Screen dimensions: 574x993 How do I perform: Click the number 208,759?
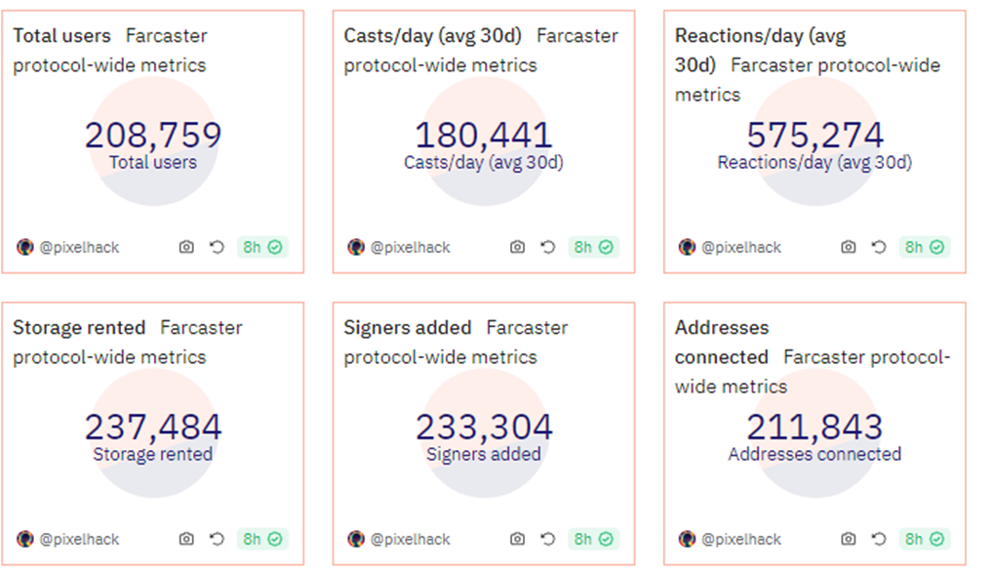pyautogui.click(x=153, y=135)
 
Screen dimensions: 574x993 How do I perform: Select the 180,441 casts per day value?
pyautogui.click(x=484, y=135)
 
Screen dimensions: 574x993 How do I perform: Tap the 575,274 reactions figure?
pyautogui.click(x=814, y=135)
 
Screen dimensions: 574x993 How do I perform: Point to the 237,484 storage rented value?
pyautogui.click(x=153, y=427)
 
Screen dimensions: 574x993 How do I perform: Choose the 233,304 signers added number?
pyautogui.click(x=484, y=427)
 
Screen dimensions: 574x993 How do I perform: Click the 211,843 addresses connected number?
pyautogui.click(x=814, y=427)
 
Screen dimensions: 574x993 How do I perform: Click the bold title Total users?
pyautogui.click(x=61, y=36)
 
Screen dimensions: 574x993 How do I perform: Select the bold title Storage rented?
pyautogui.click(x=79, y=328)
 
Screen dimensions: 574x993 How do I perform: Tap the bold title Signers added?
pyautogui.click(x=408, y=328)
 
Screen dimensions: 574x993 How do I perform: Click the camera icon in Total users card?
pyautogui.click(x=186, y=247)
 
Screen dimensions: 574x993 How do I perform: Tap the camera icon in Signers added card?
pyautogui.click(x=517, y=539)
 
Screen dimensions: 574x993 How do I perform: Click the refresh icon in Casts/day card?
pyautogui.click(x=548, y=247)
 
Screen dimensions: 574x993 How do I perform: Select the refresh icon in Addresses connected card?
pyautogui.click(x=879, y=539)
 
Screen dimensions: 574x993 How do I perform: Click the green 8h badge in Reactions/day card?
pyautogui.click(x=924, y=247)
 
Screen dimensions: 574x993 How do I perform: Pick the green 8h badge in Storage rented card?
pyautogui.click(x=262, y=539)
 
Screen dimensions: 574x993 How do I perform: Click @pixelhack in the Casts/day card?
pyautogui.click(x=411, y=247)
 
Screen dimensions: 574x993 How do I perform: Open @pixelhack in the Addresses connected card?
pyautogui.click(x=741, y=539)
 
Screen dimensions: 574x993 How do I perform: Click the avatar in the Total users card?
pyautogui.click(x=25, y=247)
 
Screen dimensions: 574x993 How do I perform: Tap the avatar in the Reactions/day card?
pyautogui.click(x=687, y=247)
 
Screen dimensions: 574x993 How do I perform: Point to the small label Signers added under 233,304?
pyautogui.click(x=484, y=454)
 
